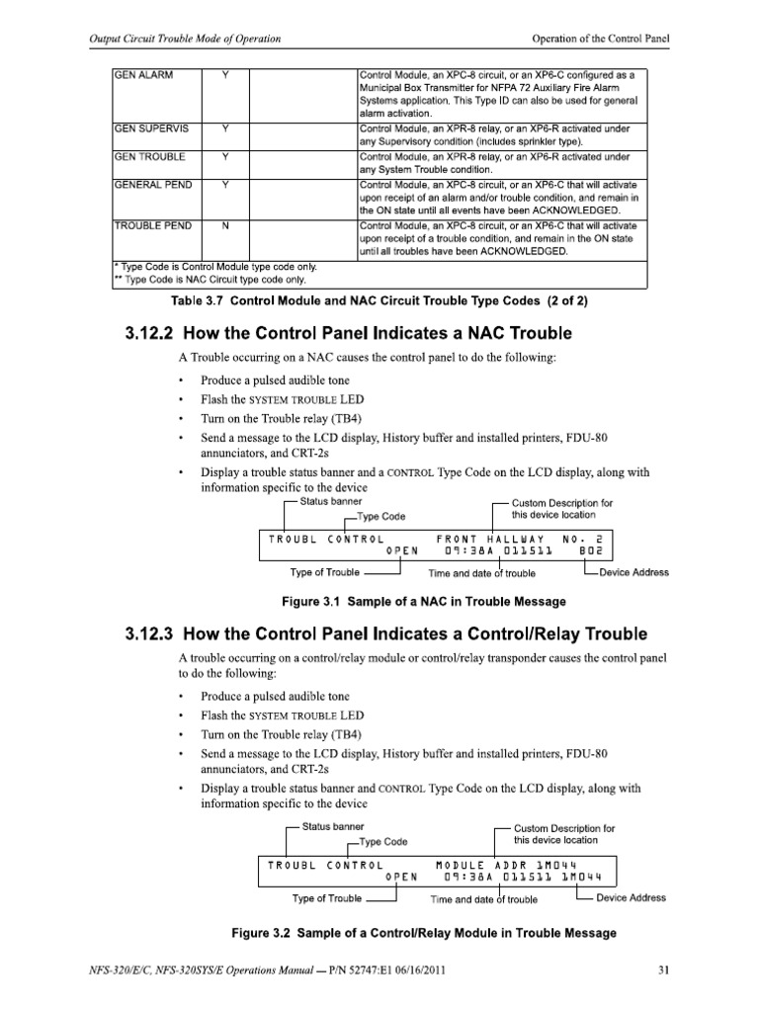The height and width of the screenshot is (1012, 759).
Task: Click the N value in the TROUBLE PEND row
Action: point(226,225)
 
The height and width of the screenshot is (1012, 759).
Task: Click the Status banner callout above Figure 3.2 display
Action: point(333,826)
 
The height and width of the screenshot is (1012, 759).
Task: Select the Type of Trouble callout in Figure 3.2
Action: point(326,898)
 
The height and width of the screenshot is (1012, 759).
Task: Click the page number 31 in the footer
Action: point(664,968)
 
